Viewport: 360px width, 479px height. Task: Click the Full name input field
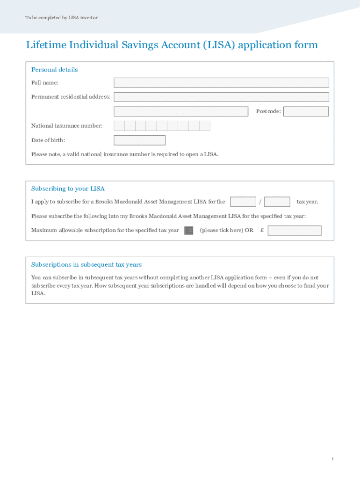pyautogui.click(x=221, y=83)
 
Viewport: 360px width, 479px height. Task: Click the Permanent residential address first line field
pyautogui.click(x=221, y=97)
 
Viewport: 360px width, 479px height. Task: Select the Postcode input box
pyautogui.click(x=306, y=111)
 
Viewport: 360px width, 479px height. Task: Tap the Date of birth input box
pyautogui.click(x=139, y=140)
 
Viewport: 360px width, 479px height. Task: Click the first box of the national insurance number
pyautogui.click(x=119, y=126)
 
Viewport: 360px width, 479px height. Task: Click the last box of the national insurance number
pyautogui.click(x=205, y=126)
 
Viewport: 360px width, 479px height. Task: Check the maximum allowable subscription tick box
pyautogui.click(x=188, y=230)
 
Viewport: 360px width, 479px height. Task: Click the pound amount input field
pyautogui.click(x=295, y=231)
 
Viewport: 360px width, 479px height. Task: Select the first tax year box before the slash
pyautogui.click(x=243, y=202)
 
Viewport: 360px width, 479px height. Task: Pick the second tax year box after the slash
pyautogui.click(x=277, y=202)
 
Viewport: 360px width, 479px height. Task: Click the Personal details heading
pyautogui.click(x=54, y=70)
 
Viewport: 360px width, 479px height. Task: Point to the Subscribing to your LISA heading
pyautogui.click(x=68, y=189)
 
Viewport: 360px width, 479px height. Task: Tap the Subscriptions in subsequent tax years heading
pyautogui.click(x=86, y=265)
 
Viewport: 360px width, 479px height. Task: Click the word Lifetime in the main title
pyautogui.click(x=46, y=45)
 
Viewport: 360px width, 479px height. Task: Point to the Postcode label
pyautogui.click(x=268, y=111)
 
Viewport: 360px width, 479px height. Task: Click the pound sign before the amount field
pyautogui.click(x=262, y=230)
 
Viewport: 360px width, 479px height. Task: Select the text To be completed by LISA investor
pyautogui.click(x=61, y=18)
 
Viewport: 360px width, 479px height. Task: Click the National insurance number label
pyautogui.click(x=66, y=126)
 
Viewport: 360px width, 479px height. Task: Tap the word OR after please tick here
pyautogui.click(x=249, y=230)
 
